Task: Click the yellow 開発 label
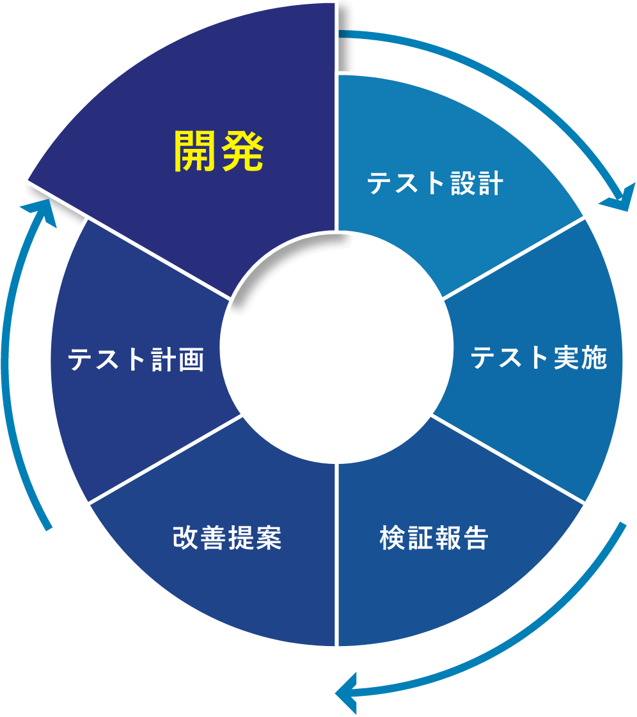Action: point(219,151)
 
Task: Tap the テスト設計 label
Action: point(435,183)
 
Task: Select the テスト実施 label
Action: point(539,357)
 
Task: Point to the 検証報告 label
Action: point(434,537)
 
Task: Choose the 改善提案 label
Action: point(227,537)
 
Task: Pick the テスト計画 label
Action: point(136,359)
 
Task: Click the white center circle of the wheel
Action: point(336,348)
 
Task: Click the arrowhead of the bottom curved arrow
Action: point(346,692)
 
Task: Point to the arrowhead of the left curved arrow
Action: point(38,212)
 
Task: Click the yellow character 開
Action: point(195,151)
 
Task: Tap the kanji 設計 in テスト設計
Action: point(477,183)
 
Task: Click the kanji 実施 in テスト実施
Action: point(581,357)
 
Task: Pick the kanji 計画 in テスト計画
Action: point(178,359)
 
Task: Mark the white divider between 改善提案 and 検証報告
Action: point(336,555)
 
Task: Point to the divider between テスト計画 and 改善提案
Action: point(165,459)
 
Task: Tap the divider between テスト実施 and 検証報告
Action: point(508,459)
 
